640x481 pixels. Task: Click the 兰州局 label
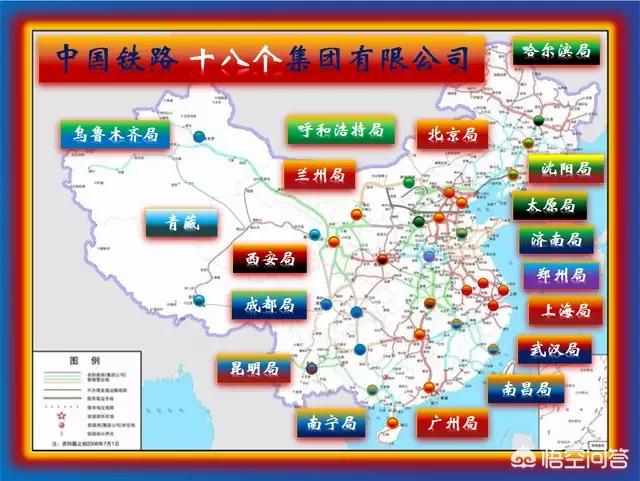[320, 176]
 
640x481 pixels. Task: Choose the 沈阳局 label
[566, 169]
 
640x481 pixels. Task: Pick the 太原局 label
[550, 207]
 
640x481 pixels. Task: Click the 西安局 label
[270, 260]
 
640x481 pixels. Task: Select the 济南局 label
[555, 241]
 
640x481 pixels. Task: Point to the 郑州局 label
[561, 275]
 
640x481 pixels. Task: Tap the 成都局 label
[267, 305]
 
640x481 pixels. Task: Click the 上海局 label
[565, 311]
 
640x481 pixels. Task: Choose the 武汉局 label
[554, 350]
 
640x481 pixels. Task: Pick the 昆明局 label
[253, 369]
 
